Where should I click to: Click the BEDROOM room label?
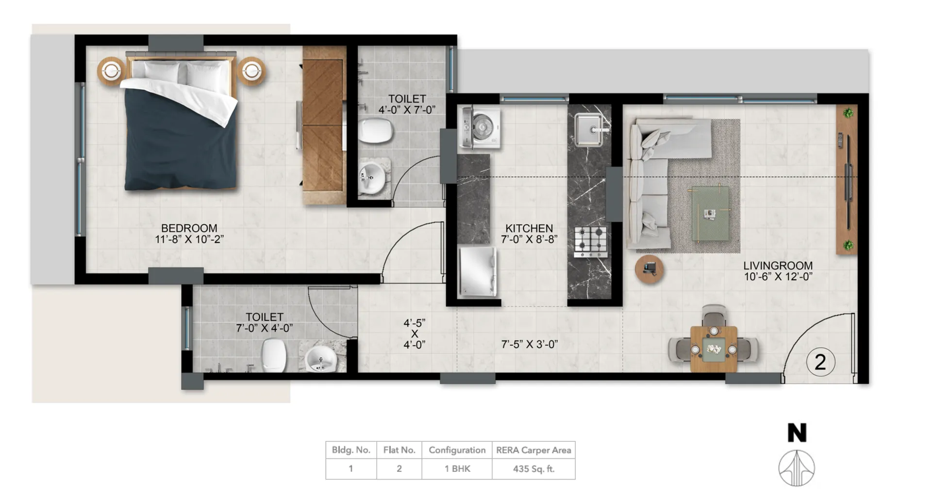(189, 228)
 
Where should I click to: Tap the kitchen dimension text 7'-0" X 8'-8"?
(529, 239)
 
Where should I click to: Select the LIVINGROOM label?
(778, 266)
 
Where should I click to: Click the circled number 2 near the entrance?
(820, 362)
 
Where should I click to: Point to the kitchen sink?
(591, 129)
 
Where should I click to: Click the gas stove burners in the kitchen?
(590, 241)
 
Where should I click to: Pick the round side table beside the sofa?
(649, 269)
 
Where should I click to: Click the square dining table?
(714, 349)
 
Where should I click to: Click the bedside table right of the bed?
(251, 71)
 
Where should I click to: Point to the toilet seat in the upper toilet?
(375, 131)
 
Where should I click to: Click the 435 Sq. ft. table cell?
(533, 469)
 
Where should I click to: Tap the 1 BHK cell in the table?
(457, 469)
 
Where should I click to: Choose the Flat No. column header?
(399, 450)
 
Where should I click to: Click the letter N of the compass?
(797, 433)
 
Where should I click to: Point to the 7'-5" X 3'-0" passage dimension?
(529, 344)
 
